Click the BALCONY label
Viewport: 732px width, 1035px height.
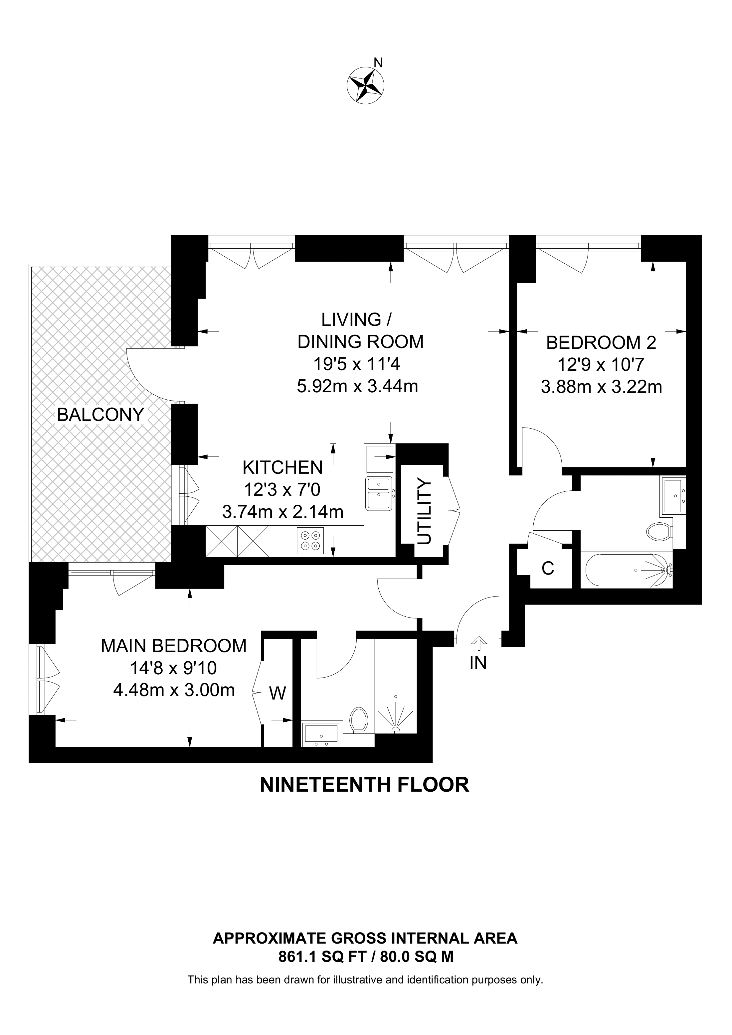[100, 415]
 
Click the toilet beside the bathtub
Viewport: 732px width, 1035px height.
[658, 532]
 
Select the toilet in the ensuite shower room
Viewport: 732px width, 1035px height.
[359, 719]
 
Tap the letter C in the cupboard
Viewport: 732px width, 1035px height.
[548, 569]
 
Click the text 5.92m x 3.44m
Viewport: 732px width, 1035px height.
[358, 386]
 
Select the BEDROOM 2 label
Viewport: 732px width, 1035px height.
[601, 343]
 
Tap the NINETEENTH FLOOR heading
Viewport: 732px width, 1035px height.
[364, 785]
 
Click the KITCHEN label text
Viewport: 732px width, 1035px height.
[282, 467]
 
